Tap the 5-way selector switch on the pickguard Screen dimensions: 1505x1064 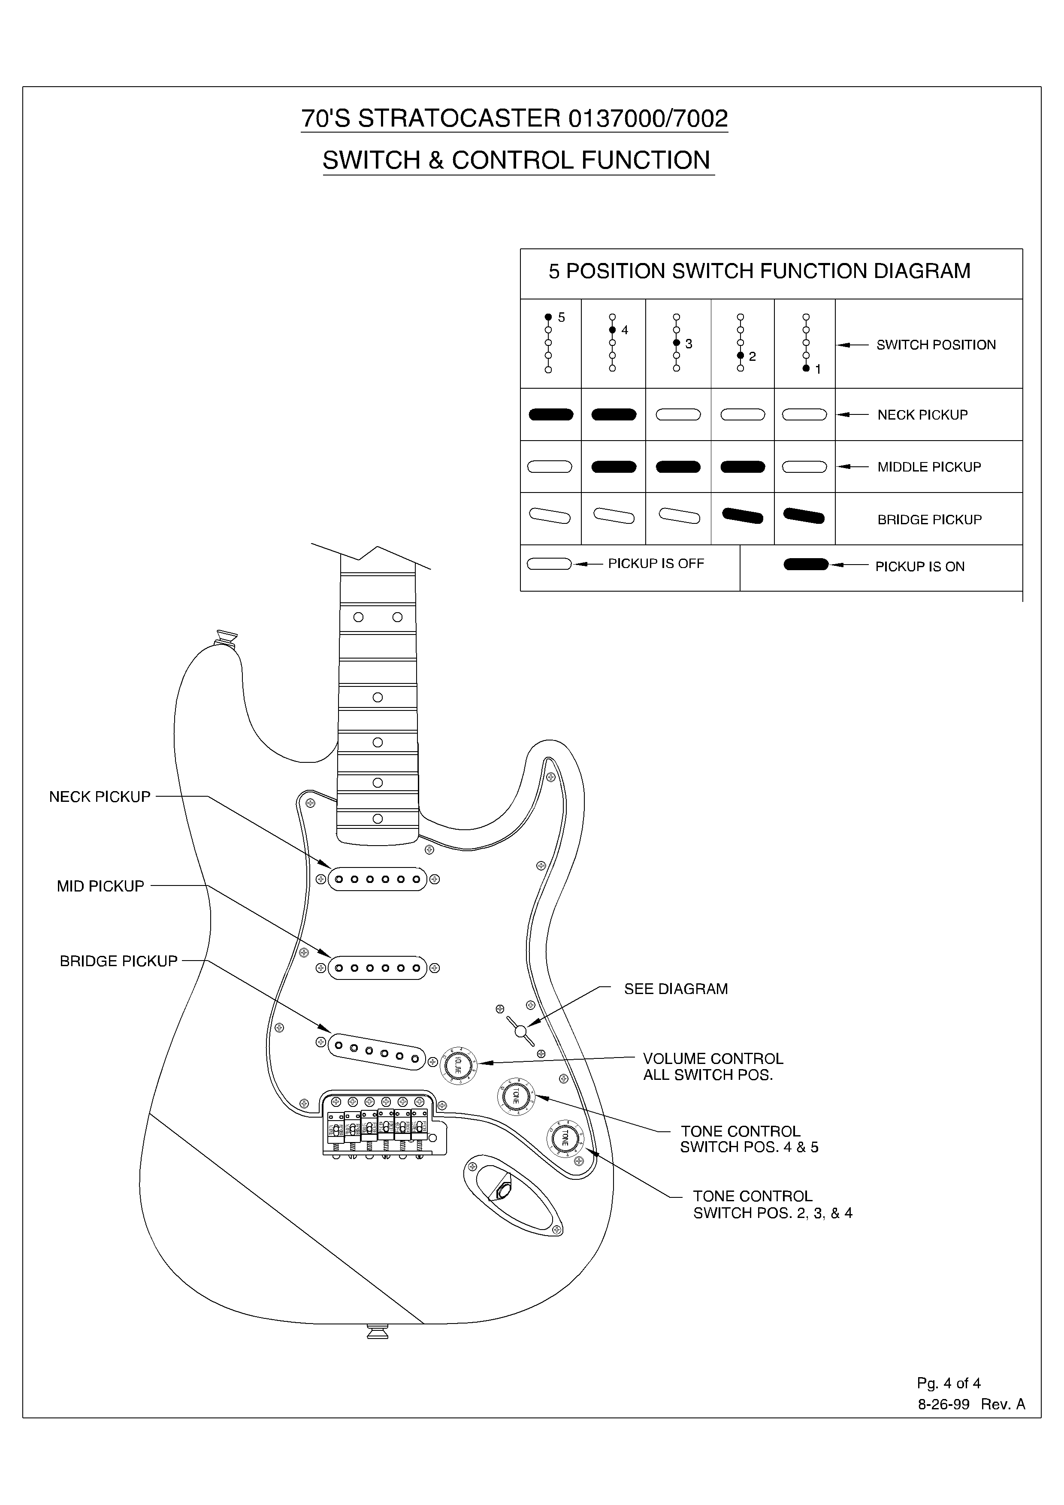(x=520, y=1032)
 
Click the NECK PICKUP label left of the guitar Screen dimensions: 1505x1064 (x=100, y=796)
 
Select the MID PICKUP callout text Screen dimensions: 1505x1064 (x=100, y=886)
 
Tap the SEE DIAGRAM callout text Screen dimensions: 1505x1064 (x=675, y=988)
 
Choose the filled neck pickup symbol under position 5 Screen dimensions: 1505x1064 (x=551, y=414)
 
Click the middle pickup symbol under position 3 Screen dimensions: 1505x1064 (x=678, y=467)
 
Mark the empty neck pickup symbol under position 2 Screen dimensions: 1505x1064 (x=742, y=414)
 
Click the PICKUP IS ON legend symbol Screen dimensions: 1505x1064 (x=806, y=565)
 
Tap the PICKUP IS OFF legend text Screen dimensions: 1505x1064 (x=656, y=564)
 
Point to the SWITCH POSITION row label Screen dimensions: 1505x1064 (x=936, y=345)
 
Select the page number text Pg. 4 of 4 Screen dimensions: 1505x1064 (x=948, y=1383)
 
